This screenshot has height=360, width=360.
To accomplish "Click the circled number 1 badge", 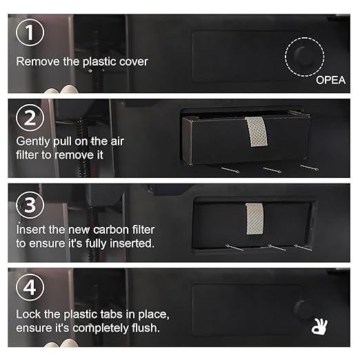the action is click(x=30, y=32).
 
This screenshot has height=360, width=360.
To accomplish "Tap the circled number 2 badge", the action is click(x=30, y=118).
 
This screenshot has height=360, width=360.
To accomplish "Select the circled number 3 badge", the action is click(x=30, y=205).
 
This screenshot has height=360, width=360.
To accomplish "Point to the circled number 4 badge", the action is click(x=30, y=287).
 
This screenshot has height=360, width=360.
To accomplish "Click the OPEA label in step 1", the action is click(x=330, y=80).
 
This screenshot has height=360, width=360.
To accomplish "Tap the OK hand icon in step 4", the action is click(x=319, y=326).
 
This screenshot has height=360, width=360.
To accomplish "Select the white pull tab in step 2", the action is click(x=256, y=132).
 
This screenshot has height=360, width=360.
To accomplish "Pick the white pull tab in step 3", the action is click(x=254, y=219).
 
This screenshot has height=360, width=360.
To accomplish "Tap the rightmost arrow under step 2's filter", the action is click(x=310, y=168).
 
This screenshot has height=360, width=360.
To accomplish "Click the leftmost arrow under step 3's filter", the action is click(x=234, y=248).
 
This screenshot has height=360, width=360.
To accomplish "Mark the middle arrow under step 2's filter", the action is click(x=272, y=170).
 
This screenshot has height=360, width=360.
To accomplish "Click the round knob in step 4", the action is click(x=303, y=309).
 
